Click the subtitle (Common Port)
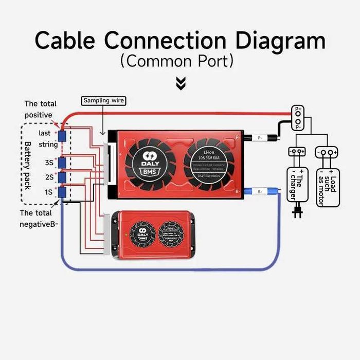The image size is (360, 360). point(177,61)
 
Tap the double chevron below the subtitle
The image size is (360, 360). point(181,83)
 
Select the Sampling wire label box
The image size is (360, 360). point(103,101)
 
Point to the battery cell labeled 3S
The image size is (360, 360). point(63,163)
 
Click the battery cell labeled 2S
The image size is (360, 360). point(63,177)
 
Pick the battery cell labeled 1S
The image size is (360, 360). point(63,192)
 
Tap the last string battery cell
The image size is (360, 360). point(63,136)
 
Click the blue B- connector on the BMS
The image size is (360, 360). point(260,191)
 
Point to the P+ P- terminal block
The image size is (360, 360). point(297,118)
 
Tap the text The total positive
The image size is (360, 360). point(40,109)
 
